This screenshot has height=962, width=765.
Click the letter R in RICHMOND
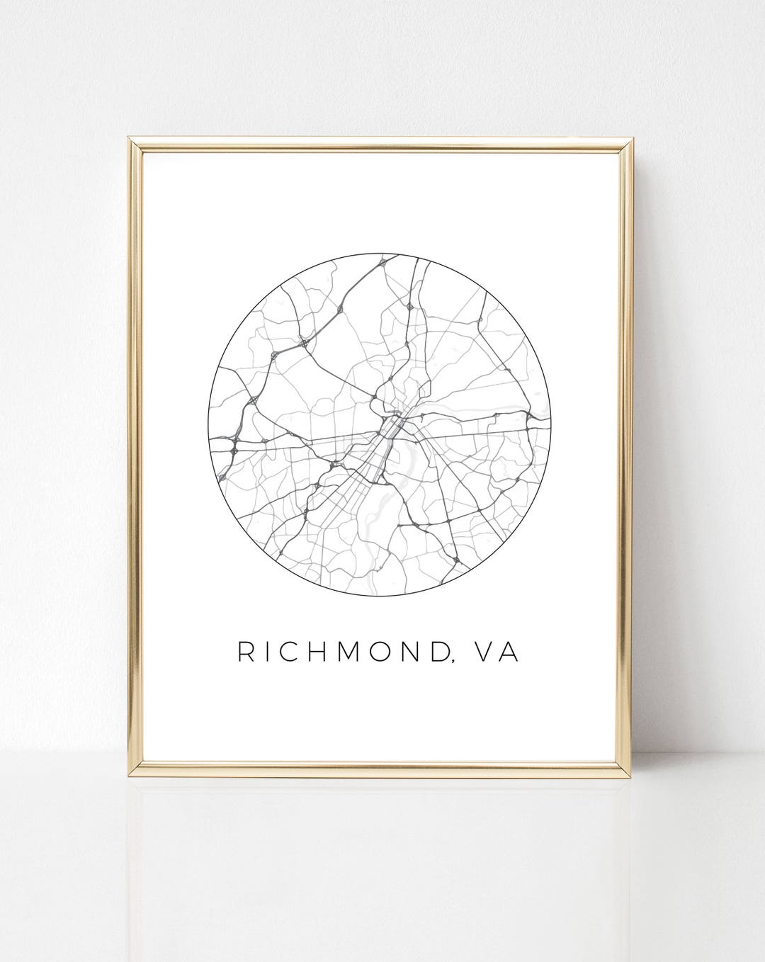point(245,652)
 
